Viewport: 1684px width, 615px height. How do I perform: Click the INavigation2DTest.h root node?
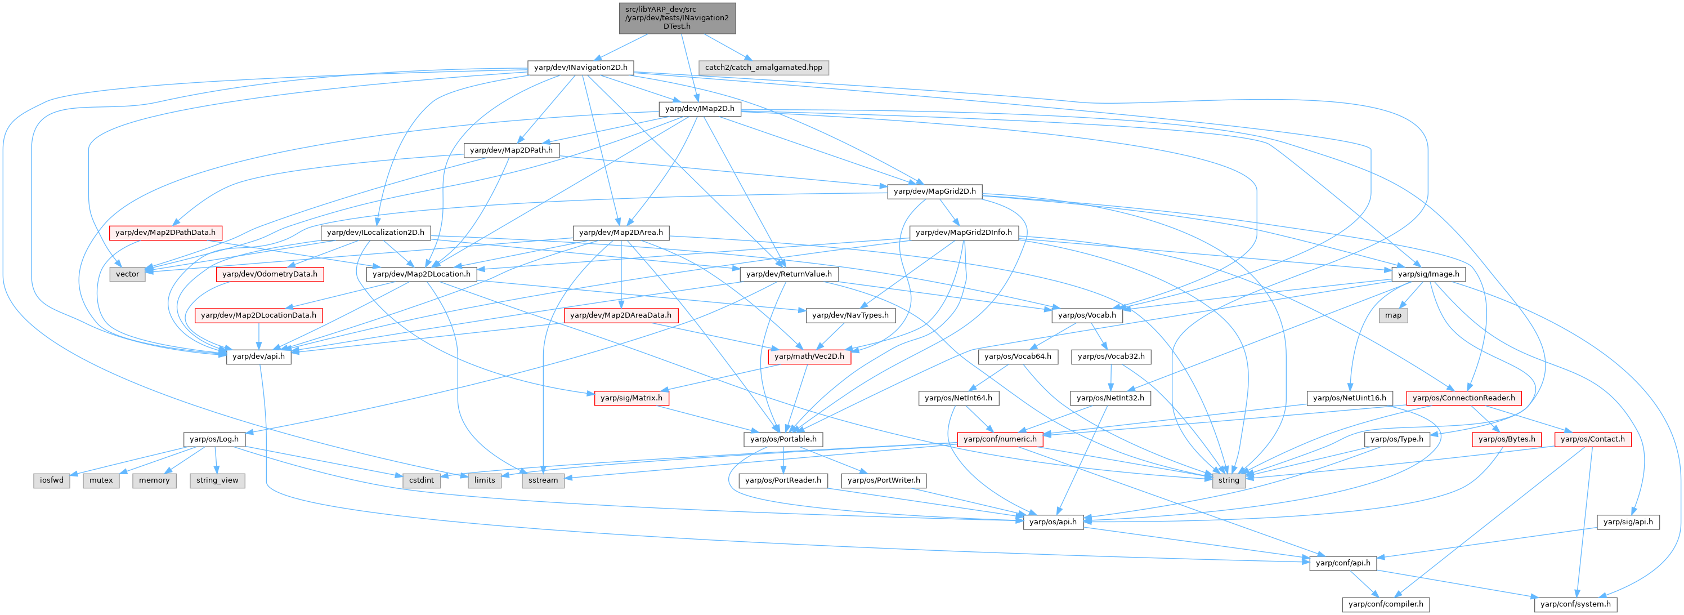(x=677, y=17)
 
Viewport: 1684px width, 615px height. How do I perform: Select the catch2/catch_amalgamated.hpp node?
(x=763, y=68)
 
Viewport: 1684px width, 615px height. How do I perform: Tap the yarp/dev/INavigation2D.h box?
(x=580, y=68)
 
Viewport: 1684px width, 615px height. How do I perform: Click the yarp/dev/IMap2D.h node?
(x=699, y=109)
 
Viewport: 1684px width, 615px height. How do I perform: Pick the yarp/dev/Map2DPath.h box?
(x=510, y=150)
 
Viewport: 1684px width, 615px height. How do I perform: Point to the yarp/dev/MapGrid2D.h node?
(x=934, y=191)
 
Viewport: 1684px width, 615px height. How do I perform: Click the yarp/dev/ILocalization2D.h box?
(x=375, y=232)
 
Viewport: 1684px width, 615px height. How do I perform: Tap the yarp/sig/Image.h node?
(x=1428, y=274)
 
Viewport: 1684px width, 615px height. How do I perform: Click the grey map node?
(x=1393, y=315)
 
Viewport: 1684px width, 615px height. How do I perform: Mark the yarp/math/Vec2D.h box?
(x=809, y=356)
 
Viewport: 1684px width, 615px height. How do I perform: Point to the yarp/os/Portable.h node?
(x=782, y=439)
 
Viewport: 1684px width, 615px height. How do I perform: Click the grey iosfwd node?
(x=52, y=480)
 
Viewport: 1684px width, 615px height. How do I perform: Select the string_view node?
(x=217, y=480)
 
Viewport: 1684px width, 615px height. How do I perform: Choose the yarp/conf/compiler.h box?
(x=1385, y=604)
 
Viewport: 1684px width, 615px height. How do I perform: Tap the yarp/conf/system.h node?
(x=1575, y=604)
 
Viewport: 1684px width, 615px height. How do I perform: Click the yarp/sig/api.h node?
(x=1628, y=522)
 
